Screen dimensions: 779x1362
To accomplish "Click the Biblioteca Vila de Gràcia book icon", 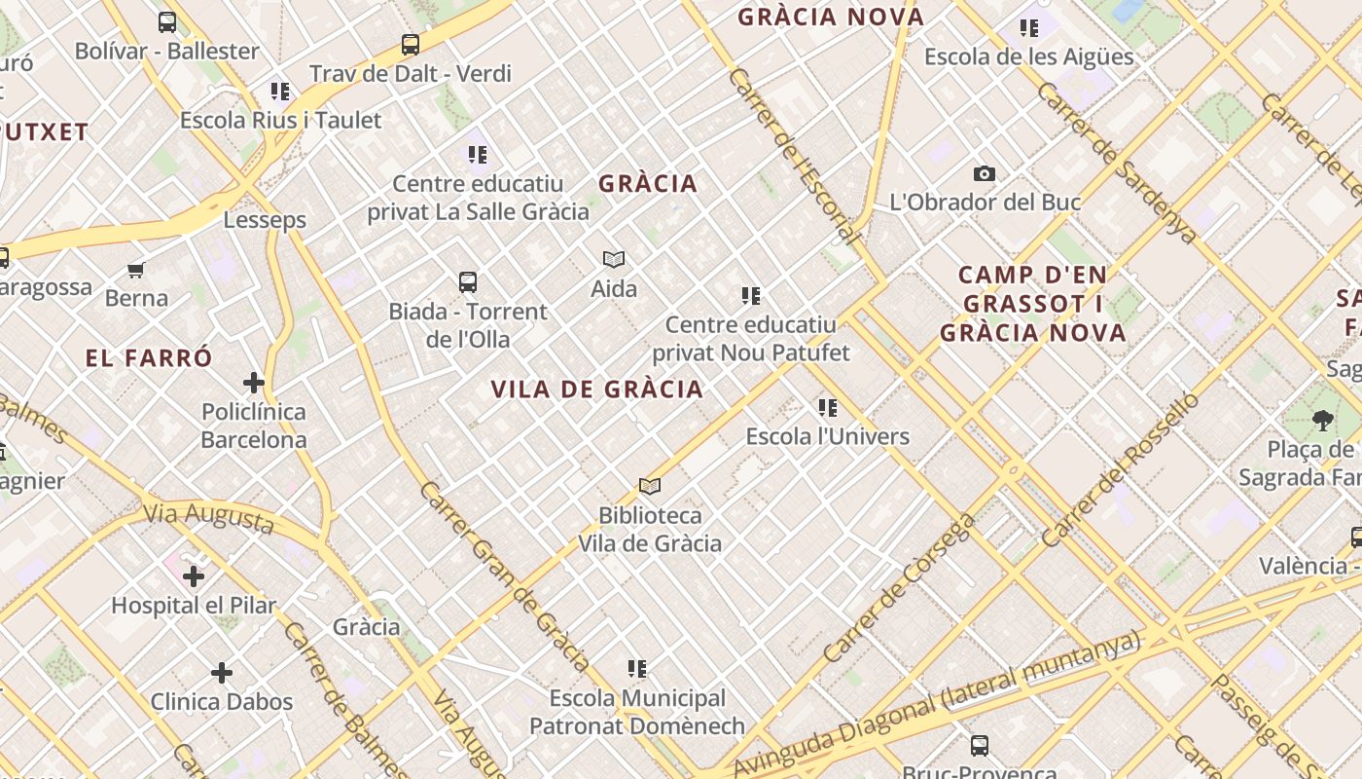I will (650, 486).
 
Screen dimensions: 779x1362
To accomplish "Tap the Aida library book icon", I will (614, 259).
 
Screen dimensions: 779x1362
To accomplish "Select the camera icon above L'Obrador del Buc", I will (985, 174).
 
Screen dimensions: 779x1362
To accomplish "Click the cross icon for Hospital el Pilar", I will (194, 576).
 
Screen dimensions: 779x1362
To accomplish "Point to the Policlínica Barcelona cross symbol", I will (254, 383).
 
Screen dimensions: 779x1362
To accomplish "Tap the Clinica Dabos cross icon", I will (222, 673).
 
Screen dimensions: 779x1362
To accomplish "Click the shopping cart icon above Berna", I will (136, 270).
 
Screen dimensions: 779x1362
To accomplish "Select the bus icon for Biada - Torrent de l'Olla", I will (468, 282).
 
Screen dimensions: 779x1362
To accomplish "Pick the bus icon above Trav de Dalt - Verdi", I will (411, 45).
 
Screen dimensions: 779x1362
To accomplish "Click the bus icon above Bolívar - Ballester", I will (167, 22).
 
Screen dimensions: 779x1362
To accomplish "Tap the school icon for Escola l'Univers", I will (828, 408).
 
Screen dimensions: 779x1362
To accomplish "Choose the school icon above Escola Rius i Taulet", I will (281, 92).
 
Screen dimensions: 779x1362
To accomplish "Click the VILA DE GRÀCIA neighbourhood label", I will (596, 389).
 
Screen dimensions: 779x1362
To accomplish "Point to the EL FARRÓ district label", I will (149, 357).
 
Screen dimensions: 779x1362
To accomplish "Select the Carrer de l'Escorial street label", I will (794, 156).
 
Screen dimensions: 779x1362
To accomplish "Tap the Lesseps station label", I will (265, 220).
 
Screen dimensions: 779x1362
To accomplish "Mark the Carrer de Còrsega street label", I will (899, 588).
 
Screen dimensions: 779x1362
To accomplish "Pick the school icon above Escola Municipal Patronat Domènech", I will (637, 669).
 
